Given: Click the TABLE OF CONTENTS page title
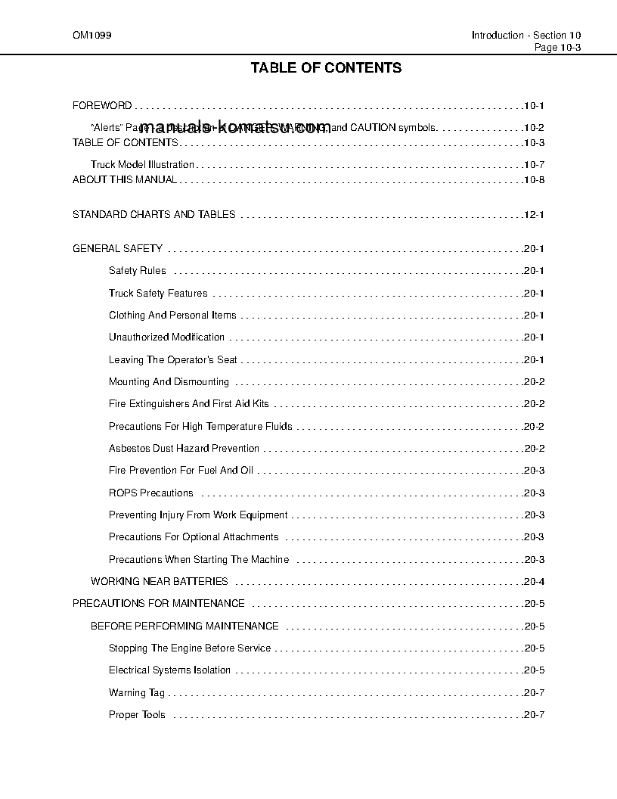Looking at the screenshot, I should pyautogui.click(x=326, y=68).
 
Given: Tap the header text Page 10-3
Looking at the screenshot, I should pyautogui.click(x=557, y=47).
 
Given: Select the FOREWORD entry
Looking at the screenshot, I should pyautogui.click(x=102, y=106).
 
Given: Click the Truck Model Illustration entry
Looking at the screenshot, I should pyautogui.click(x=142, y=164).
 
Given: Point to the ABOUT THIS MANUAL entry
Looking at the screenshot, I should pyautogui.click(x=125, y=180).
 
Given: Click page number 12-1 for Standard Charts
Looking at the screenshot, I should pyautogui.click(x=533, y=215).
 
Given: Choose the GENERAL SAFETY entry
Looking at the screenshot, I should pyautogui.click(x=117, y=249).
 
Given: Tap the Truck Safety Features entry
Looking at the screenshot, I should pyautogui.click(x=158, y=294).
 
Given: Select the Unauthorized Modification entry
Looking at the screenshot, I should pyautogui.click(x=166, y=337).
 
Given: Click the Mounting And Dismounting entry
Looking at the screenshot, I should pyautogui.click(x=169, y=382).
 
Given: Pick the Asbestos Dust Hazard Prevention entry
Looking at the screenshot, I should pyautogui.click(x=184, y=449).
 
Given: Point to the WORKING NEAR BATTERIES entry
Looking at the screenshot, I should pyautogui.click(x=159, y=582).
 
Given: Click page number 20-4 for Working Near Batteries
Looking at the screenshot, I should pyautogui.click(x=533, y=582).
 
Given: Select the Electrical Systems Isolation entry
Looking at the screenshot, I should pyautogui.click(x=169, y=670).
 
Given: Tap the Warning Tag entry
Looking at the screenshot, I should pyautogui.click(x=136, y=693).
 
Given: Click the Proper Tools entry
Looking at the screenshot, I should pyautogui.click(x=137, y=715).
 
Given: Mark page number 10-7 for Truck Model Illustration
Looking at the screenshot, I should pyautogui.click(x=533, y=165).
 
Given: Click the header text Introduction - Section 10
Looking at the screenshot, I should pyautogui.click(x=526, y=36).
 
